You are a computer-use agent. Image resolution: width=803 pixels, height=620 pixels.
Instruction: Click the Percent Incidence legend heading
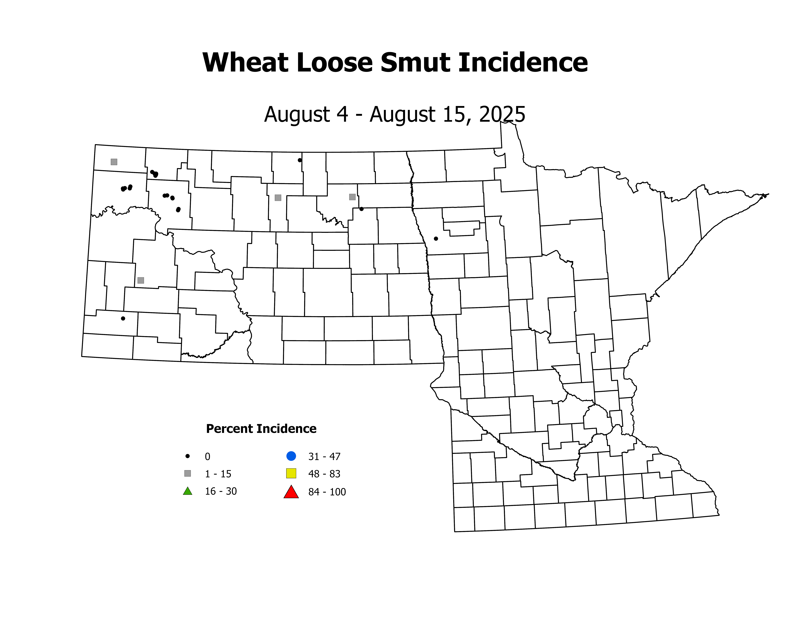point(261,429)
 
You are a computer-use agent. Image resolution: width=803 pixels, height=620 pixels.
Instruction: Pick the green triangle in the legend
point(187,491)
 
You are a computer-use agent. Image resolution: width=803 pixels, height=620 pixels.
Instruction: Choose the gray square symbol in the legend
point(187,473)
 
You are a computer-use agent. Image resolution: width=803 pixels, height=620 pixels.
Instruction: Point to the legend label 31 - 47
point(324,457)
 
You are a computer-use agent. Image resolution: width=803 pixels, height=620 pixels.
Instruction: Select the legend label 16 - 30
point(221,492)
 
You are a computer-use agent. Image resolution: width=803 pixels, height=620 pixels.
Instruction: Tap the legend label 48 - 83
point(324,474)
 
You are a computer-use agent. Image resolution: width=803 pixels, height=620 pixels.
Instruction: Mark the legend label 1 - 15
point(218,474)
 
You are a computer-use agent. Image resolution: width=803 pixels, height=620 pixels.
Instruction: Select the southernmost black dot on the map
point(123,318)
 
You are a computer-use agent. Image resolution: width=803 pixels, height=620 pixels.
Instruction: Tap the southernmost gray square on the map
point(140,280)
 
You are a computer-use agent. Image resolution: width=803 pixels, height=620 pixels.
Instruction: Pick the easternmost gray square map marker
point(352,197)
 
